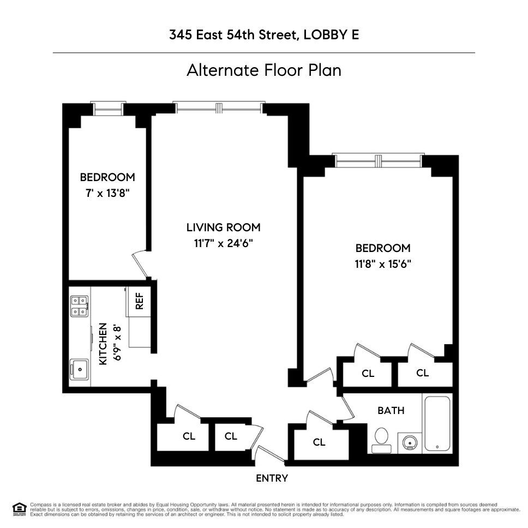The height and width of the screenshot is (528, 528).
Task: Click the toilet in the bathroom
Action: click(381, 439)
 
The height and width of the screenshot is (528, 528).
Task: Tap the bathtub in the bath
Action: click(437, 423)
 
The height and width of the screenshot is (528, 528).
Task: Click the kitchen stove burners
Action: click(79, 305)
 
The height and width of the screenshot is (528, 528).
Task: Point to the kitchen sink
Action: click(80, 370)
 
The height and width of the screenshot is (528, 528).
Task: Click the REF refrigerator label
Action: click(139, 301)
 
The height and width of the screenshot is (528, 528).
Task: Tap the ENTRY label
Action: click(272, 478)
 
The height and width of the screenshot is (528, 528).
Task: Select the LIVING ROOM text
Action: click(223, 227)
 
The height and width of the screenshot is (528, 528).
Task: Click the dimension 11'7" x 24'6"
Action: click(224, 243)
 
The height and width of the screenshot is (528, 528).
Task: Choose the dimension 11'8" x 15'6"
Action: click(382, 264)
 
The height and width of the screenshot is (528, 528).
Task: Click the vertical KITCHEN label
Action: click(103, 344)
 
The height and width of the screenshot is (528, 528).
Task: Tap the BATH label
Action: click(391, 410)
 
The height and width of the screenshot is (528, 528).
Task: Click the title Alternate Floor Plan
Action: click(263, 70)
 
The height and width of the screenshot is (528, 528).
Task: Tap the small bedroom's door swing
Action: click(143, 265)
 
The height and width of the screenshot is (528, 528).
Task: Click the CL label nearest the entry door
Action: click(231, 436)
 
